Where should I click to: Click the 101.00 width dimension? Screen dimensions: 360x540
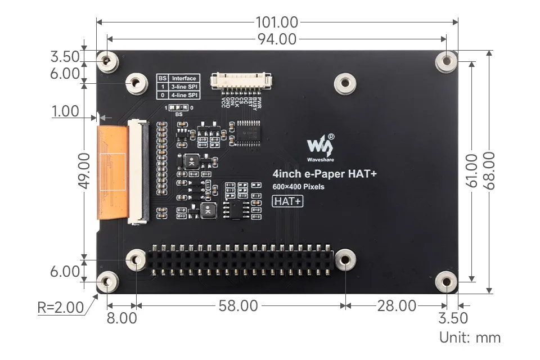coord(277,22)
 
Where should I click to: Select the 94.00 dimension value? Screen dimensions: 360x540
coord(277,39)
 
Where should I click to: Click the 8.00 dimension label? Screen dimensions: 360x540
coord(121,318)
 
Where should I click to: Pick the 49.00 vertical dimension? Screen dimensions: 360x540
coord(84,170)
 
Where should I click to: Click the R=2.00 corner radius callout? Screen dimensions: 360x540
coord(60,308)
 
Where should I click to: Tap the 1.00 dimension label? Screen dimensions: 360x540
coord(65,111)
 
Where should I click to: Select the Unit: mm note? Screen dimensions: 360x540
coord(470,337)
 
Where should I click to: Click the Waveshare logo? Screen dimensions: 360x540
coord(320,147)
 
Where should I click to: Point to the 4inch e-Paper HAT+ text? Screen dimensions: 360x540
coord(324,174)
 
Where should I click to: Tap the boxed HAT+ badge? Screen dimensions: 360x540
coord(287,201)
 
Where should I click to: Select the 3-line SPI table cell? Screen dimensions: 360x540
coord(184,87)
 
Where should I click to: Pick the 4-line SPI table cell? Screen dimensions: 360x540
coord(184,96)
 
